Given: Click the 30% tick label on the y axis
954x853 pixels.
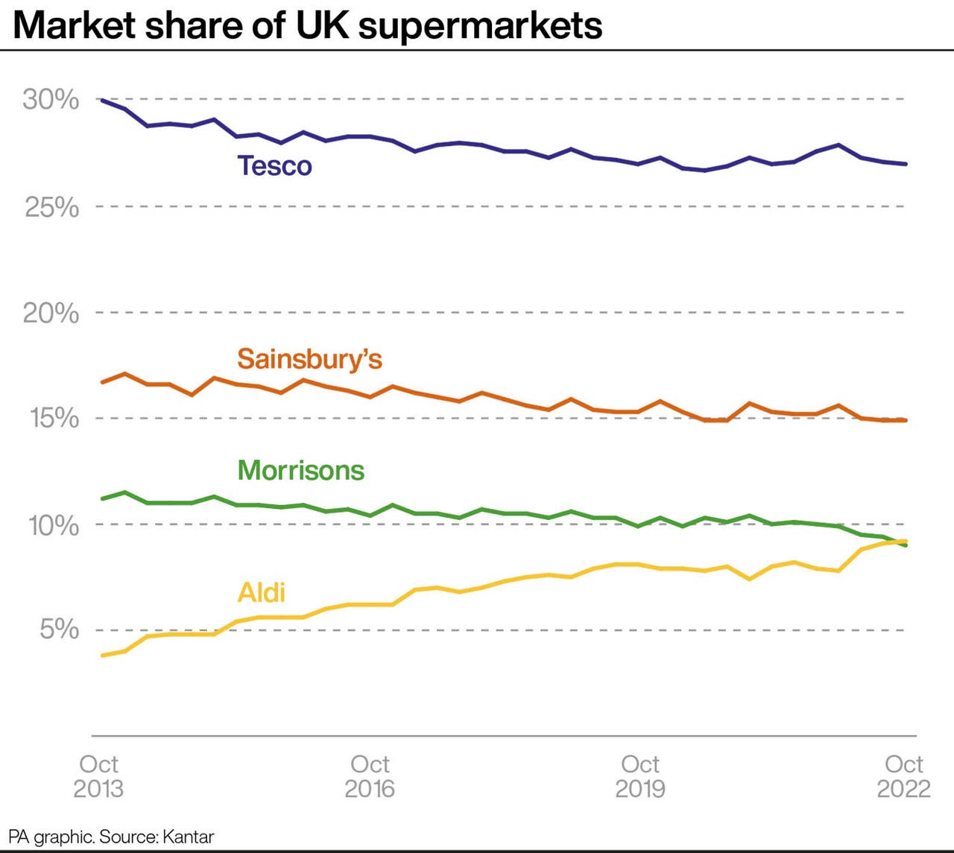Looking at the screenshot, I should [x=51, y=99].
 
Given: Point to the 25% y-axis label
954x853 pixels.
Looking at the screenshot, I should [x=51, y=207].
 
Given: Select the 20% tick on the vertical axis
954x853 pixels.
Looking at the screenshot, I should [x=51, y=313].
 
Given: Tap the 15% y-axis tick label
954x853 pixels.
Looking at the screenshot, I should [x=54, y=419].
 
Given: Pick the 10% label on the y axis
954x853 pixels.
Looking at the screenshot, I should [x=53, y=525].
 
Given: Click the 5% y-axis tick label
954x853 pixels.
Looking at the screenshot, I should [x=59, y=630].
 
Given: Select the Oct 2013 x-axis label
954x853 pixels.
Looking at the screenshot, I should [x=98, y=776].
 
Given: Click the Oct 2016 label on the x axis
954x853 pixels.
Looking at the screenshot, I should [x=370, y=776].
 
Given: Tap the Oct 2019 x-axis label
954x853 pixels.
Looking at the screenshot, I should [x=640, y=776].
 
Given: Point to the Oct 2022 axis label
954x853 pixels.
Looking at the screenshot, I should [x=903, y=776].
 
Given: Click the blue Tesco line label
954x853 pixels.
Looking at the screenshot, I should [x=274, y=165].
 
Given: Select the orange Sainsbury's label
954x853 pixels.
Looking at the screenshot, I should [x=309, y=359].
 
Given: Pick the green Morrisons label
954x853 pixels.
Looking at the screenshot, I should [x=300, y=471].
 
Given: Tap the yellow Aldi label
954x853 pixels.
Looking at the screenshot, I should [x=261, y=592].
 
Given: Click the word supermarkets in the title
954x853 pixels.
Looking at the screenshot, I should [x=480, y=25].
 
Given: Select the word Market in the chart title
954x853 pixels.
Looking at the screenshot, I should [x=75, y=25].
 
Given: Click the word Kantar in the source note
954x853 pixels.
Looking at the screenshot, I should [x=188, y=837].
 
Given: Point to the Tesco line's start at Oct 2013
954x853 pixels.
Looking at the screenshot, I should [x=102, y=100].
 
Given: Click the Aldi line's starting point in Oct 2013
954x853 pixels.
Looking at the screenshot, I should [x=102, y=656].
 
